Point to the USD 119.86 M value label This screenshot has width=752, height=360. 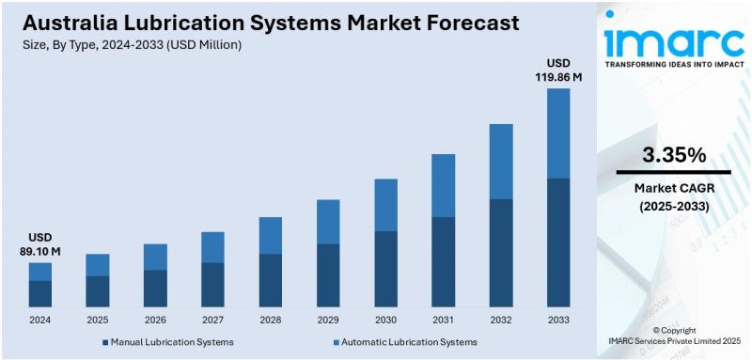click(558, 70)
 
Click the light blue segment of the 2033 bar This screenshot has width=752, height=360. click(558, 133)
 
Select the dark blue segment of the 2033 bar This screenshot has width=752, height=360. click(558, 242)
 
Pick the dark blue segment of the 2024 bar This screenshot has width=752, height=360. click(39, 293)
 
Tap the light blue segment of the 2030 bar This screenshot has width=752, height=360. click(385, 205)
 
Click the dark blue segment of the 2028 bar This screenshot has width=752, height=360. click(271, 280)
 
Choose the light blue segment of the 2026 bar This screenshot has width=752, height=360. click(155, 257)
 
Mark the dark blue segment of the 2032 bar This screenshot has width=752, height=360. click(500, 252)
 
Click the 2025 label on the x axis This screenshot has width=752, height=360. click(98, 320)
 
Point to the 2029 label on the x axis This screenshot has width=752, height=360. click(328, 320)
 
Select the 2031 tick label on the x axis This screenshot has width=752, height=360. click(443, 320)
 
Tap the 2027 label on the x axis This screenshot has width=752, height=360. click(212, 320)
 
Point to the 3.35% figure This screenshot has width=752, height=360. click(674, 154)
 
